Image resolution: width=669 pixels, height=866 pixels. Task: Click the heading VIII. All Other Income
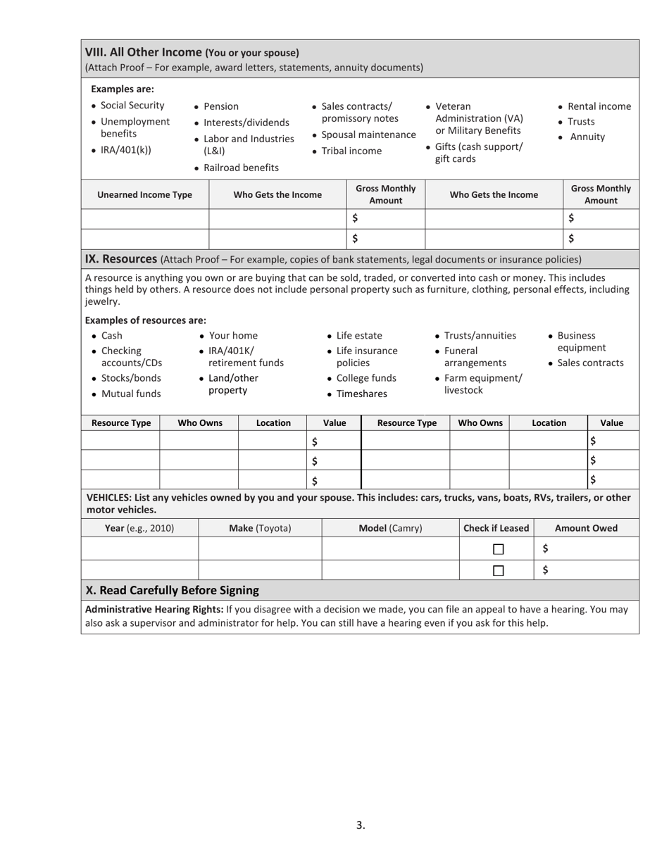(x=144, y=52)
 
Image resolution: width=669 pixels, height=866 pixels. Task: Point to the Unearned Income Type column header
(x=144, y=195)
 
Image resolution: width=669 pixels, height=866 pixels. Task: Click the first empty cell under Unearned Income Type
(x=144, y=219)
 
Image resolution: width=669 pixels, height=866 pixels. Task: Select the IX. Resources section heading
(x=120, y=259)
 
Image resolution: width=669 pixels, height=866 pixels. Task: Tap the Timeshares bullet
(x=361, y=394)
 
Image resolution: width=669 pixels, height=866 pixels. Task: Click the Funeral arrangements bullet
(x=475, y=356)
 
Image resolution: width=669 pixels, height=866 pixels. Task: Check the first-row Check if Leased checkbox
(x=499, y=549)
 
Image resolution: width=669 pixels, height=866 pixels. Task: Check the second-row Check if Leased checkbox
(x=499, y=571)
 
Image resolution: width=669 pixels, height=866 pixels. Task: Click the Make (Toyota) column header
(x=260, y=528)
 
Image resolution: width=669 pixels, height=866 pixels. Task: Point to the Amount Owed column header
(x=586, y=528)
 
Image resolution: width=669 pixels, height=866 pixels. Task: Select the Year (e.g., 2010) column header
(x=139, y=528)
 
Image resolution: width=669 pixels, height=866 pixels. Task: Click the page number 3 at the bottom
(x=360, y=825)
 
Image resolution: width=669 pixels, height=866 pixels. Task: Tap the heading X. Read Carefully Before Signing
(x=172, y=590)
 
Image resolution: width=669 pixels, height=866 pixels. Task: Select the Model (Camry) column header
(x=390, y=528)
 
